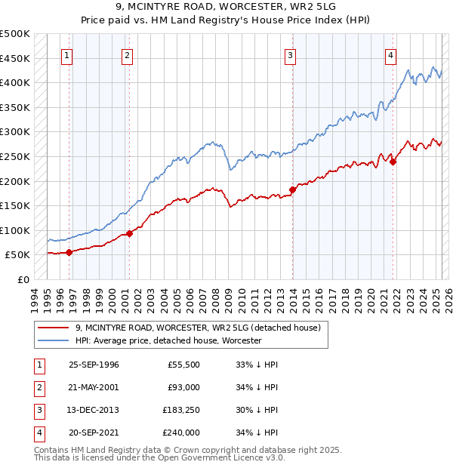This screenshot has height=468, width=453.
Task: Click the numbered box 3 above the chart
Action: pos(291,55)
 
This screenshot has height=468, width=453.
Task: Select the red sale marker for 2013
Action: pos(293,189)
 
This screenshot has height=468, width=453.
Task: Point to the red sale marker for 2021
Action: pos(393,161)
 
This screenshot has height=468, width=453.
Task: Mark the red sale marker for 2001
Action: pos(129,233)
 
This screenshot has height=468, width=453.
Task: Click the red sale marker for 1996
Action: pos(69,252)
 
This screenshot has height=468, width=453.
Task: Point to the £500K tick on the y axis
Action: pos(15,34)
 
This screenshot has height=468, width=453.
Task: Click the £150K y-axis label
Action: pos(15,205)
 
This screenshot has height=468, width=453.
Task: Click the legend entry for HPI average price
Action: pos(168,340)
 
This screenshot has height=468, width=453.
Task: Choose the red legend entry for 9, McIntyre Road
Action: pos(199,328)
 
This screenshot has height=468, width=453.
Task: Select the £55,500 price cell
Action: pos(183,365)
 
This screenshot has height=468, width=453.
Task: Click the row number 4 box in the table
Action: pos(38,433)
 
